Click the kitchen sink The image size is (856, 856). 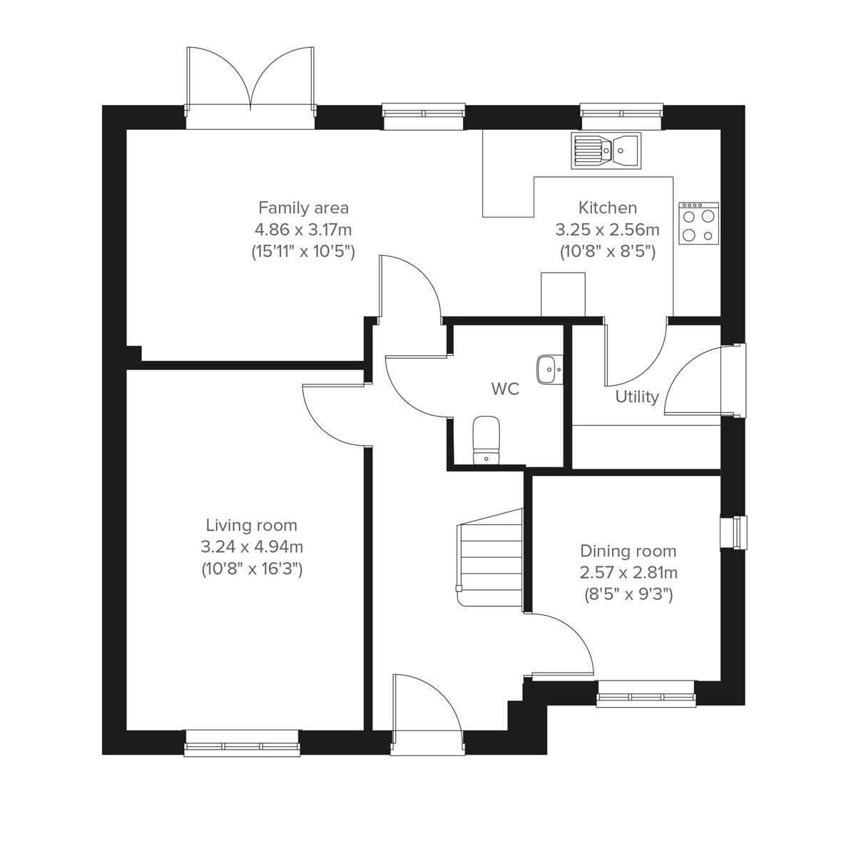(606, 150)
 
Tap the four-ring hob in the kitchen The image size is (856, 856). (698, 223)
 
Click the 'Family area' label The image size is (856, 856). (303, 208)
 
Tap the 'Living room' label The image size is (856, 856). (251, 526)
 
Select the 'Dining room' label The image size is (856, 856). (628, 551)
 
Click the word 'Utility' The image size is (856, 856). (637, 397)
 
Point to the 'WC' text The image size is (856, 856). (505, 389)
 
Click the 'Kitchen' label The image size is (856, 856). (607, 208)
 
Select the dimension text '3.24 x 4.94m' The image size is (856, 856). (251, 547)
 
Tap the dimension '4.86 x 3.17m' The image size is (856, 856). (303, 230)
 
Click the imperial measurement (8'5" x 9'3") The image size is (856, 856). (628, 593)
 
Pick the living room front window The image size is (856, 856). (242, 743)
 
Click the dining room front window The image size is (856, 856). (646, 693)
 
